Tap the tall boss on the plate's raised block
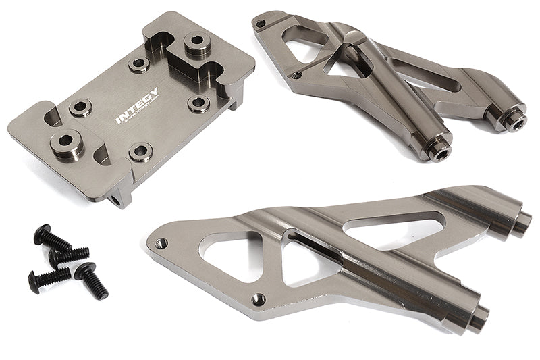196,45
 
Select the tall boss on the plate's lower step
64,144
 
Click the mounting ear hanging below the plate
117,197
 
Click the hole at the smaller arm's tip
261,24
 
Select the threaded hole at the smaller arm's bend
295,76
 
